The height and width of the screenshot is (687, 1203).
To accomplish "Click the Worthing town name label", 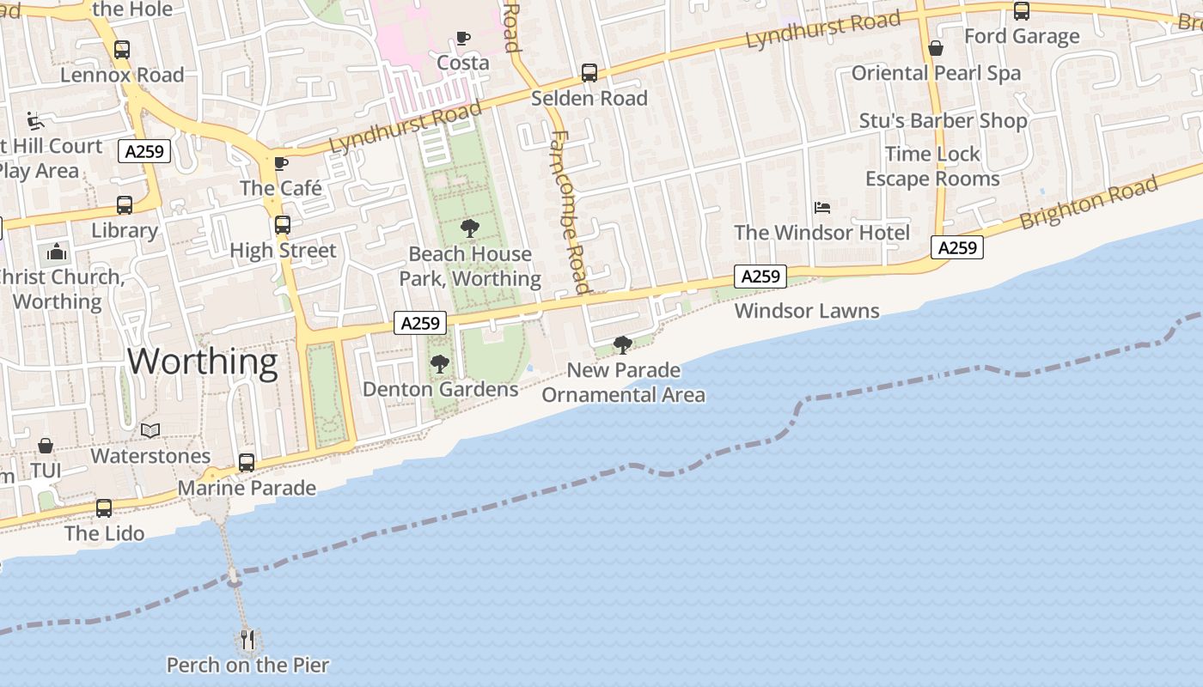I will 203,362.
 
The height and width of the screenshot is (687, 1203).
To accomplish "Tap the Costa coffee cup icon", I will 463,38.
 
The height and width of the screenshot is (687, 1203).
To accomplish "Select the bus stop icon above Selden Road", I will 589,73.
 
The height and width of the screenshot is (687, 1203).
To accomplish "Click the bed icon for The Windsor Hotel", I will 822,208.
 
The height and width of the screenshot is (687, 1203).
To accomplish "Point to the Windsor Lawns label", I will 807,311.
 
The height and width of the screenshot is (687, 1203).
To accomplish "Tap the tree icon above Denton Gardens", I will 439,364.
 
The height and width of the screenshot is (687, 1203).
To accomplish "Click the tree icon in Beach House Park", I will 469,228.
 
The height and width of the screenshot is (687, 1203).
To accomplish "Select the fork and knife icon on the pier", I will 247,639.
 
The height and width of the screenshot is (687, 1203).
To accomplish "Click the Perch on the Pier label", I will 247,665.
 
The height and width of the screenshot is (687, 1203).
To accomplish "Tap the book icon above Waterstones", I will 150,430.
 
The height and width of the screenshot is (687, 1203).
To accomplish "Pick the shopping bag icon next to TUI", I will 45,447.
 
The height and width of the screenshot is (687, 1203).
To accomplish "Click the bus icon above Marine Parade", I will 247,463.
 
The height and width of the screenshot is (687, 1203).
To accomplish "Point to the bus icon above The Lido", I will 104,508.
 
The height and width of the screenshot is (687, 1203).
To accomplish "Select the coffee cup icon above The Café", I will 281,163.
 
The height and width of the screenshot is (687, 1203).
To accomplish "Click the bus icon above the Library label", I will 125,205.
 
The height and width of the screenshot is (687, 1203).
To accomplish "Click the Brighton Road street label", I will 1089,203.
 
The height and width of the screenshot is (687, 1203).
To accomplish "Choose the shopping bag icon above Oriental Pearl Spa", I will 936,48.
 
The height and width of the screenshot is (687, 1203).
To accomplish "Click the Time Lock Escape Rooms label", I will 932,167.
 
